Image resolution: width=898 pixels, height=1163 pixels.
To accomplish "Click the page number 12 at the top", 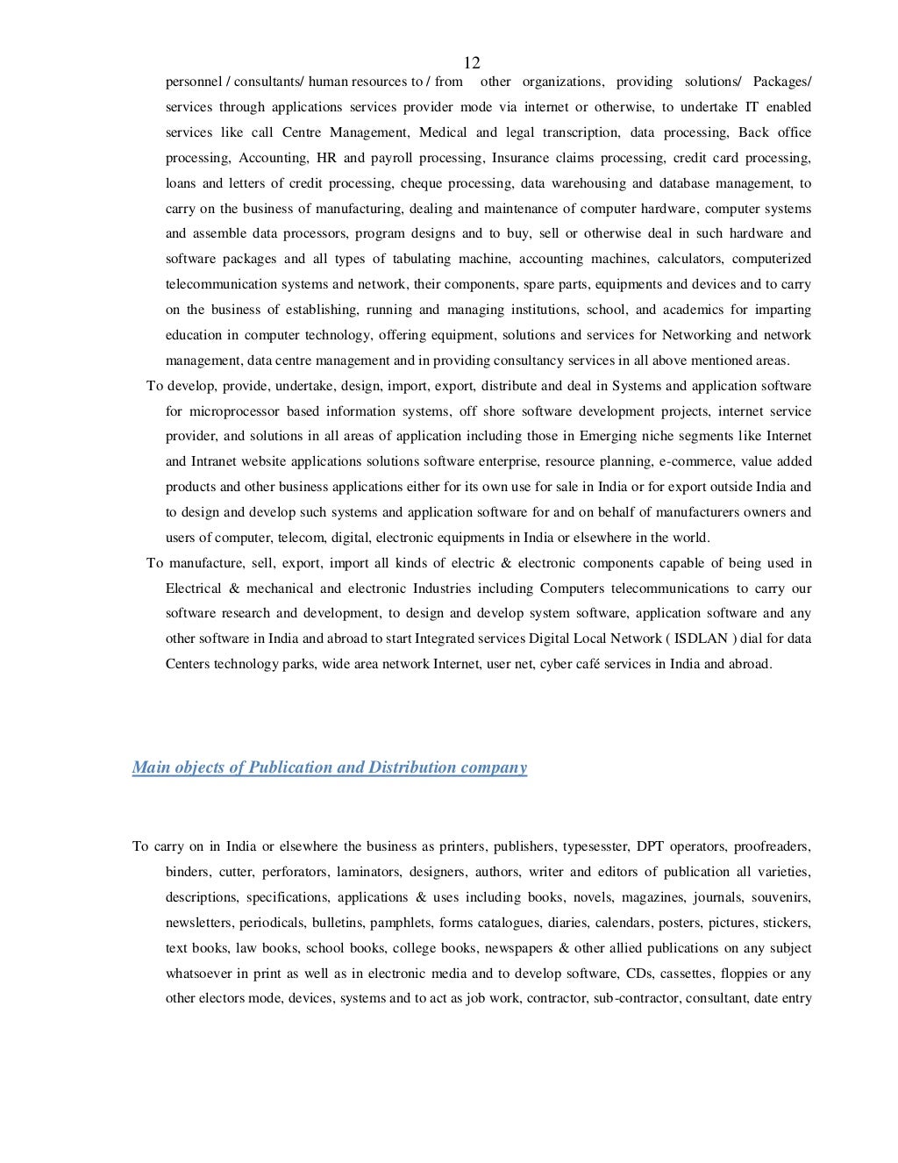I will pos(472,62).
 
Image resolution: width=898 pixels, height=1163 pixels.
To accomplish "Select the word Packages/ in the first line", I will pos(782,82).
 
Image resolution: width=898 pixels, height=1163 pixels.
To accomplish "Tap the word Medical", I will pos(443,132).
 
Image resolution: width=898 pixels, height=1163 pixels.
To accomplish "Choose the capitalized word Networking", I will pos(695,335).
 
